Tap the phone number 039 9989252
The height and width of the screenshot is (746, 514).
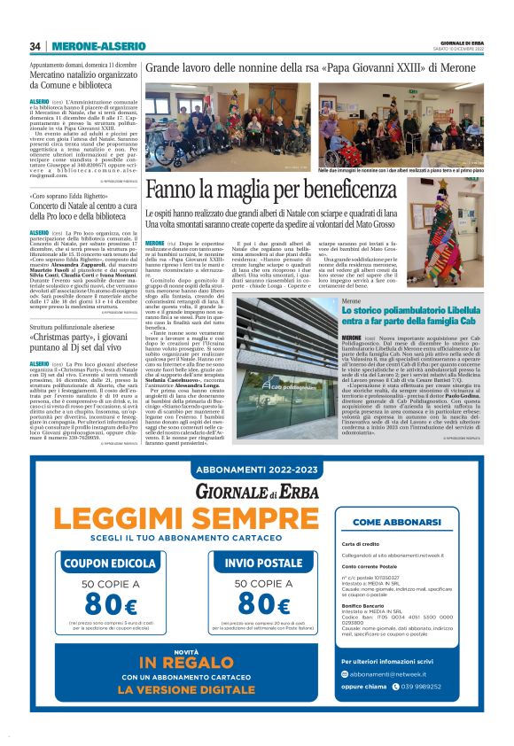coord(431,711)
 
